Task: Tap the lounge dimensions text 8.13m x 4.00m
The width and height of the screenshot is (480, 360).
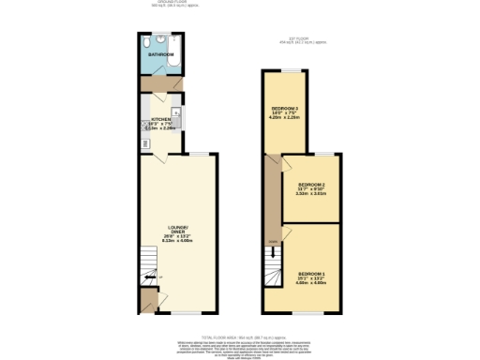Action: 178,241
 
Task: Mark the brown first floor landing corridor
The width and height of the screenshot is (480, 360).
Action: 273,202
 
